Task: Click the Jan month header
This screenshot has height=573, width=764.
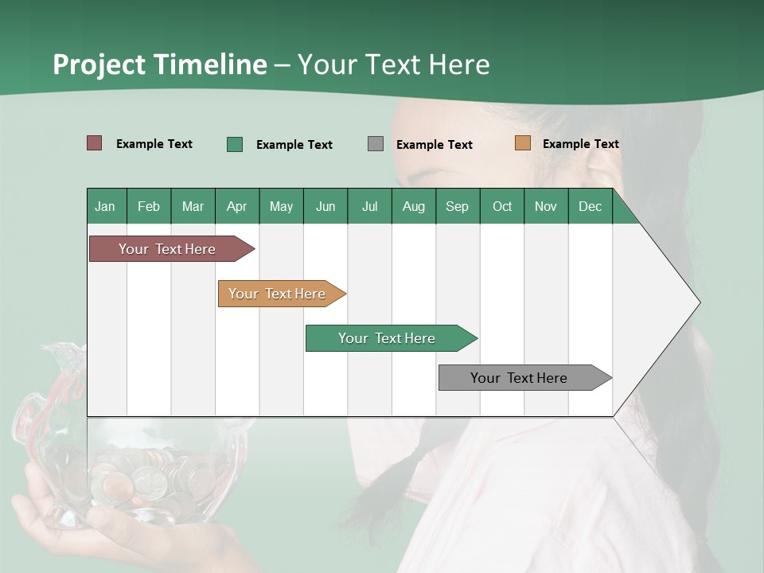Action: [105, 206]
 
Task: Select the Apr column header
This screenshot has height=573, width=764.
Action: [236, 206]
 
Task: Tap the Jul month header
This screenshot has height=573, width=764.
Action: [369, 206]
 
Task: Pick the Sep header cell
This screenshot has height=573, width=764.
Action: [457, 206]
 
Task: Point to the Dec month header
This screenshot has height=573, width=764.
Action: [590, 206]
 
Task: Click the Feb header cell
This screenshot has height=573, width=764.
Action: [149, 206]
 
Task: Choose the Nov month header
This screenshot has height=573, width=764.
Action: [545, 206]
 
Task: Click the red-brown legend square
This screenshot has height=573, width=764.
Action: [95, 143]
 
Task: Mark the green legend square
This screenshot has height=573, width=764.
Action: [235, 144]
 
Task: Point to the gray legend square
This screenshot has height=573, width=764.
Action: [376, 144]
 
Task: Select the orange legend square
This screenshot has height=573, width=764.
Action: [523, 143]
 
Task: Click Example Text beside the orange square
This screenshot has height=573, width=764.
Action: [580, 143]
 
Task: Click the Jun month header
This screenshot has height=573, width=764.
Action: [325, 206]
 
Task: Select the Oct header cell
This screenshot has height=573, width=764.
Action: [502, 206]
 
